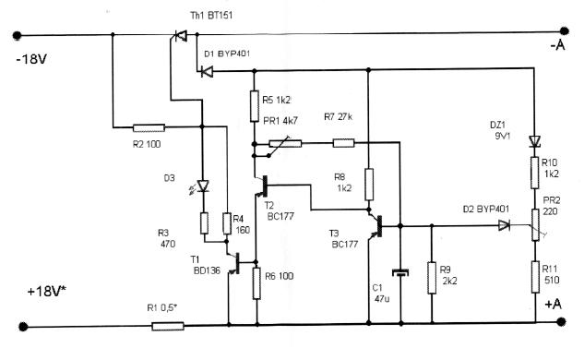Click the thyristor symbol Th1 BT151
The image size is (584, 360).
181,36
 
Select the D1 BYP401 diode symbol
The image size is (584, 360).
207,71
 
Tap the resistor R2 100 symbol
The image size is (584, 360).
149,127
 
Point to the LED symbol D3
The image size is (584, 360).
202,186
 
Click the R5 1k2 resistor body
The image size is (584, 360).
255,106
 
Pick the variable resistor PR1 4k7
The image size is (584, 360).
285,143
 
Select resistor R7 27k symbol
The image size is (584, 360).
343,143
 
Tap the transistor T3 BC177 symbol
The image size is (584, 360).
376,225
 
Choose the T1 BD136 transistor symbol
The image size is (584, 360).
234,263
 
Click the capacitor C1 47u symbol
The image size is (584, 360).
400,272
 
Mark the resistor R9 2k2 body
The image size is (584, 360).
432,278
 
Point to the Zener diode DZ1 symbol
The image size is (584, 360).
535,141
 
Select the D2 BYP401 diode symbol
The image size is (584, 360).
504,225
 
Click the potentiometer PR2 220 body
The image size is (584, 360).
535,224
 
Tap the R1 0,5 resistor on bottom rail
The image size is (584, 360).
168,327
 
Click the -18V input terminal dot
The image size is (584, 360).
17,35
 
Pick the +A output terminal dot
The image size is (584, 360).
561,321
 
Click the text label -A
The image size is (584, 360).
557,45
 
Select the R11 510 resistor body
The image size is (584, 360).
535,277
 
